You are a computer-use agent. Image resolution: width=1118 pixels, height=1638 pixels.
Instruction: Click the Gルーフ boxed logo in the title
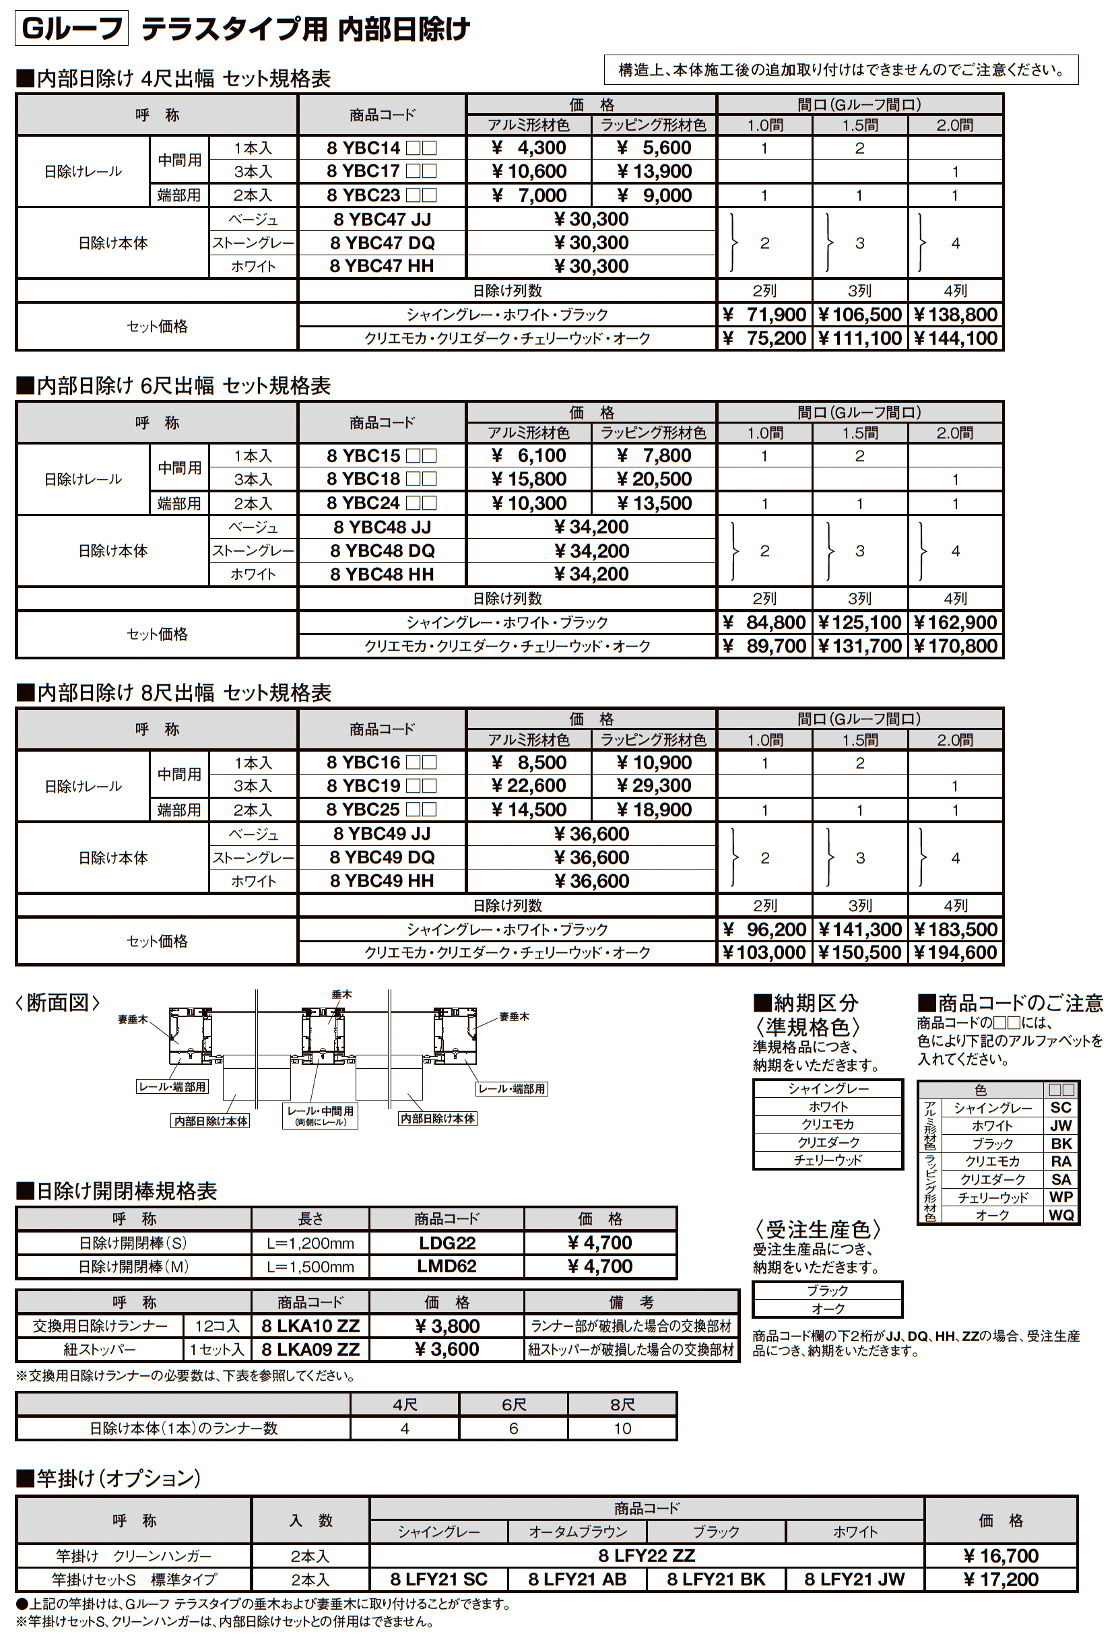point(72,29)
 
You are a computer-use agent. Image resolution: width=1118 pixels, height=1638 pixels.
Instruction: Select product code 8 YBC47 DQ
point(382,243)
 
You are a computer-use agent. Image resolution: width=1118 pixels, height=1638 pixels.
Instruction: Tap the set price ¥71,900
point(764,315)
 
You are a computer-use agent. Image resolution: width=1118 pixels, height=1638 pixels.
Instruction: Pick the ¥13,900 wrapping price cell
point(654,171)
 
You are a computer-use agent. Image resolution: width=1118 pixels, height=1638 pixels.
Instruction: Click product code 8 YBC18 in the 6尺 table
point(381,480)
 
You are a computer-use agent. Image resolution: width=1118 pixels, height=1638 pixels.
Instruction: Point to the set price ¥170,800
point(955,647)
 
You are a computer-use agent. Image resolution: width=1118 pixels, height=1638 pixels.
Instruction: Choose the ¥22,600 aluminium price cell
point(529,786)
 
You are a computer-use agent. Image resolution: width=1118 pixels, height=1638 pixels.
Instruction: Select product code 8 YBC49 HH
point(382,881)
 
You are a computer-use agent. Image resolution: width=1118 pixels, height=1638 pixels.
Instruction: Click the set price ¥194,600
point(955,953)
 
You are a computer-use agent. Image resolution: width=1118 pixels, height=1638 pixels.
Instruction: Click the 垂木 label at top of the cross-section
point(341,995)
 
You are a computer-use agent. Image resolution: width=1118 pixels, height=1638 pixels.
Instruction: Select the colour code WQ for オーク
point(1061,1214)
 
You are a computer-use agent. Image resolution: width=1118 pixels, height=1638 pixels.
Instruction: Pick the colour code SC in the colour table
point(1061,1107)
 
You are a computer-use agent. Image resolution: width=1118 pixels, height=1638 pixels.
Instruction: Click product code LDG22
point(447,1243)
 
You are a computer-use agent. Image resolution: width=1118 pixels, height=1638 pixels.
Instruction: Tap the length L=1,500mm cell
point(310,1267)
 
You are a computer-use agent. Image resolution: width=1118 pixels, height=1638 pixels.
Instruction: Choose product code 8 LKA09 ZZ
point(310,1350)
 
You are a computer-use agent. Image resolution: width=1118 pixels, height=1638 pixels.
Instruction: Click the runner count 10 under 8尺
point(622,1429)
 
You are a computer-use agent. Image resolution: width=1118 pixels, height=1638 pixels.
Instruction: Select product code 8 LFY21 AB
point(577,1579)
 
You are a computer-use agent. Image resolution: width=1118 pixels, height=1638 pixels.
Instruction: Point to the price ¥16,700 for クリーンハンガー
point(1000,1556)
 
